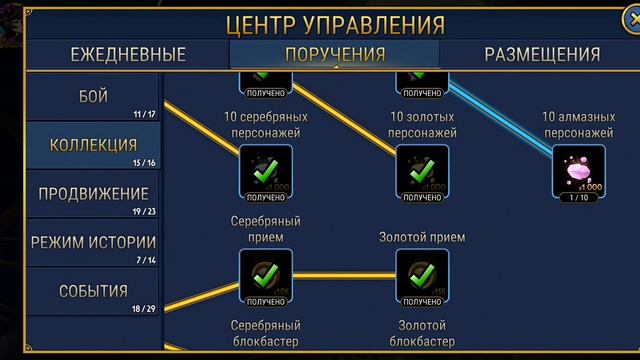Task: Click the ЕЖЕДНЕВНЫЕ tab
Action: tap(127, 54)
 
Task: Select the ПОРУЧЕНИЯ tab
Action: tap(334, 54)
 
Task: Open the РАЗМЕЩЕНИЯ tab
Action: tap(542, 54)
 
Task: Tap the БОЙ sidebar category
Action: tap(93, 97)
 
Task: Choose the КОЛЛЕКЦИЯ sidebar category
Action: tap(93, 146)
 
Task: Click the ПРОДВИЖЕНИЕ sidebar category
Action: tap(93, 194)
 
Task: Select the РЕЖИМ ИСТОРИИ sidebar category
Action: tap(93, 242)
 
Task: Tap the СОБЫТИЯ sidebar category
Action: tap(93, 291)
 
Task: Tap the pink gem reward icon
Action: tap(579, 170)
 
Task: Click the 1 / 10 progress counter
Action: tap(579, 198)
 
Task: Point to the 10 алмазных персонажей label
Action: tap(579, 124)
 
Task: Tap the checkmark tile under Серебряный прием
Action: tap(265, 274)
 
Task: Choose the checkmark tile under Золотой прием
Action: tap(422, 274)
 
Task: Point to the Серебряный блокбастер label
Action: tap(265, 334)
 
